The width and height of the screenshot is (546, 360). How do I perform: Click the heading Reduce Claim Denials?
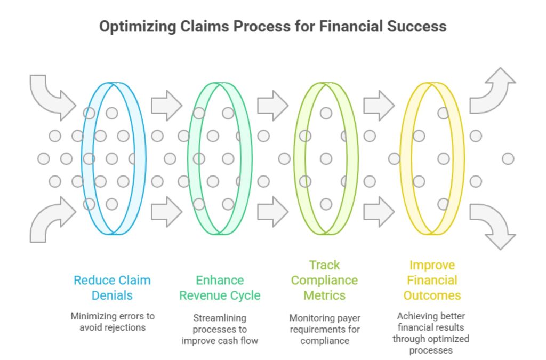click(x=112, y=287)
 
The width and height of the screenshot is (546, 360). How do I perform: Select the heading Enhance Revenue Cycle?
click(x=220, y=287)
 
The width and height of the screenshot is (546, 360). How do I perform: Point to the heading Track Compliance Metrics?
click(x=325, y=280)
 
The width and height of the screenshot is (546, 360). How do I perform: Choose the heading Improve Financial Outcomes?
click(x=432, y=280)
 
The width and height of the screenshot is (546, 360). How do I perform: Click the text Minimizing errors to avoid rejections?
click(x=112, y=322)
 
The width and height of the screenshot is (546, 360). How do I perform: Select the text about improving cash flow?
click(x=220, y=329)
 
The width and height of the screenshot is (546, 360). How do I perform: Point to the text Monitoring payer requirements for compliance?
click(x=325, y=329)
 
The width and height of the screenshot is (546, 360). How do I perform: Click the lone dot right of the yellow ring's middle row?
click(x=508, y=158)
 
